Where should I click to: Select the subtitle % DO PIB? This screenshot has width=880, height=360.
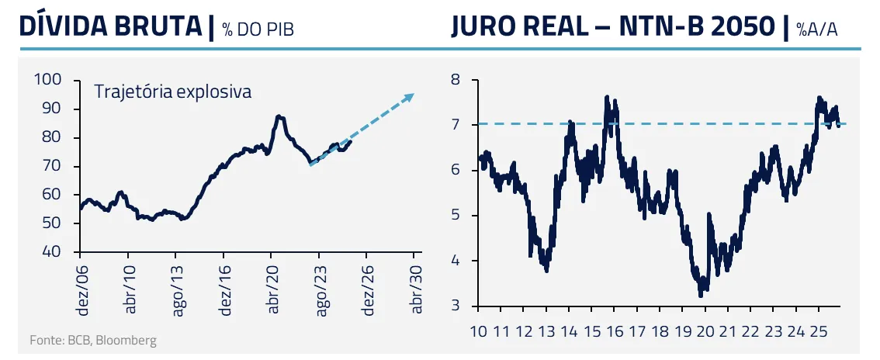pos(258,29)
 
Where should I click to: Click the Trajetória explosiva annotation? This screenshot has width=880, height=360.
pos(172,91)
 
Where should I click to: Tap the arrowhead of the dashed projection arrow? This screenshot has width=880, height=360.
pos(411,97)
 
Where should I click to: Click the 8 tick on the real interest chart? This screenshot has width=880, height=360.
pos(456,79)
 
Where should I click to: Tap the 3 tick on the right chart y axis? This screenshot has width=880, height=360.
pos(456,306)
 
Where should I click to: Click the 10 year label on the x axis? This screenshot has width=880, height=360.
pos(479,331)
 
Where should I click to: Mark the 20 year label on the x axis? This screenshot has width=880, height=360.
pos(705,331)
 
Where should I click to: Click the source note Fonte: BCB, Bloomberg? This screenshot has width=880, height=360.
pos(93,341)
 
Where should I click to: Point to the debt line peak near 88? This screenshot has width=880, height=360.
pos(279,116)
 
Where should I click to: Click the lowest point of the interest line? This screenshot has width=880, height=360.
pos(701,295)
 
